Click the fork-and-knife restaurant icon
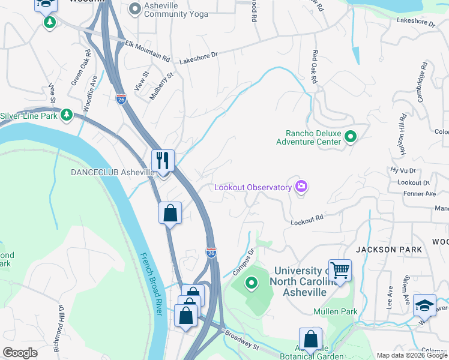point(163,161)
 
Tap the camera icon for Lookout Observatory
point(301,187)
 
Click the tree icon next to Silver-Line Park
point(67,115)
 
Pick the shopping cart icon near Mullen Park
point(340,271)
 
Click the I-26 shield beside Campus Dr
point(211,254)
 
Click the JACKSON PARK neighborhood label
point(385,249)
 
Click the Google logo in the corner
point(20,353)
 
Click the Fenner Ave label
point(420,194)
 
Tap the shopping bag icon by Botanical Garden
point(310,340)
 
